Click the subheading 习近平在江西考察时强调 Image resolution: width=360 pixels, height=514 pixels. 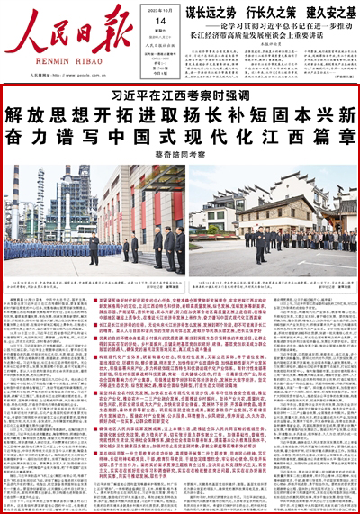point(179,94)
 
